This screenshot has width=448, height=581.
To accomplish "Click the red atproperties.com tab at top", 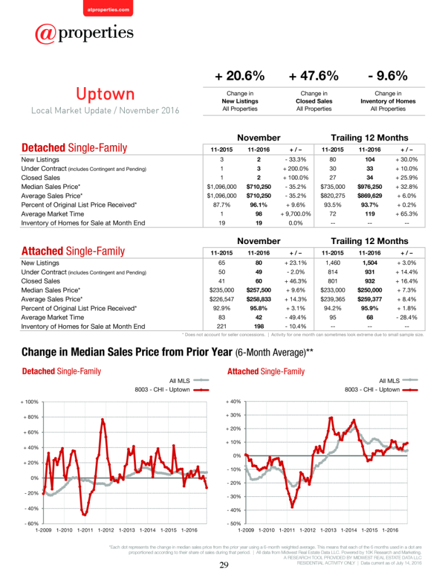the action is point(108,8).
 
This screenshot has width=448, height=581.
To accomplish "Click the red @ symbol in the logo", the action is point(45,34).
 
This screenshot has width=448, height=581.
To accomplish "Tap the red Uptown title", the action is point(105,94).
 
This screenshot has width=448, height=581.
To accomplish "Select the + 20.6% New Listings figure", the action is point(240,76).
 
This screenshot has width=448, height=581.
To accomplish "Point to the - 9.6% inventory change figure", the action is point(388,76).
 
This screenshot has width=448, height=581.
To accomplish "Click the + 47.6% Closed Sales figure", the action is point(313,76).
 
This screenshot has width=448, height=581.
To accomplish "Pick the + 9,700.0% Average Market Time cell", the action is point(295,214).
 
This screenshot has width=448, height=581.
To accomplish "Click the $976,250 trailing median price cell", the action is point(370,187).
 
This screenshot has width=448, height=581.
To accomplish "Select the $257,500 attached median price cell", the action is point(258,290).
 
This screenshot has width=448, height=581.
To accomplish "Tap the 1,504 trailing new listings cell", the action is point(370,263).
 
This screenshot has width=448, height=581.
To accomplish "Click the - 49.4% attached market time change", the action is point(295,317).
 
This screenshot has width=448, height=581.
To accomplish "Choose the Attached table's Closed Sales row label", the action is point(41,281).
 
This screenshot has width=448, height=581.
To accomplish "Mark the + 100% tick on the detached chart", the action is point(30,401).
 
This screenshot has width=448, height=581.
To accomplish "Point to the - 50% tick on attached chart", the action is point(234,523).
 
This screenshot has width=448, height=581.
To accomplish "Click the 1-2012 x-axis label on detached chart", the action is point(106,530).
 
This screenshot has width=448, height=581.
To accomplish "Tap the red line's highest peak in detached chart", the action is point(103,419).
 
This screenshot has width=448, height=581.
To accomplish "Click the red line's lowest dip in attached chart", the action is point(292,507).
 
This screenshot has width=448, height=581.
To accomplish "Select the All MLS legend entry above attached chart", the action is point(399,381).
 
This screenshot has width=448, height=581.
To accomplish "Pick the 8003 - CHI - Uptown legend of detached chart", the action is point(172,390).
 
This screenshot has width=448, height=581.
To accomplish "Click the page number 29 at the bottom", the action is point(224,565).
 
